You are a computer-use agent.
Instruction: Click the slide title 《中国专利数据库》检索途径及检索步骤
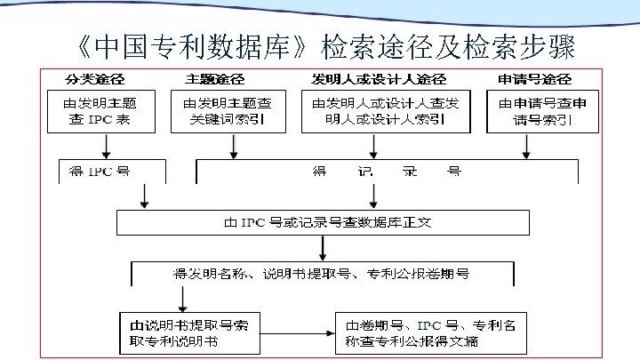[x=321, y=44]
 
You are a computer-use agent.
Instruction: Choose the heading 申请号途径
[x=535, y=79]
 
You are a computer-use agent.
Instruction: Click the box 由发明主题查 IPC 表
[x=100, y=111]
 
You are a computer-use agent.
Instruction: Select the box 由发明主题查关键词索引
[x=228, y=111]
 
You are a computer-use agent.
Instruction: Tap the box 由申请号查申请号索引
[x=542, y=111]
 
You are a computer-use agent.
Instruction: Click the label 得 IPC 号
[x=100, y=172]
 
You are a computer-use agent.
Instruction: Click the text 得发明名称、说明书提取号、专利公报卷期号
[x=333, y=271]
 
